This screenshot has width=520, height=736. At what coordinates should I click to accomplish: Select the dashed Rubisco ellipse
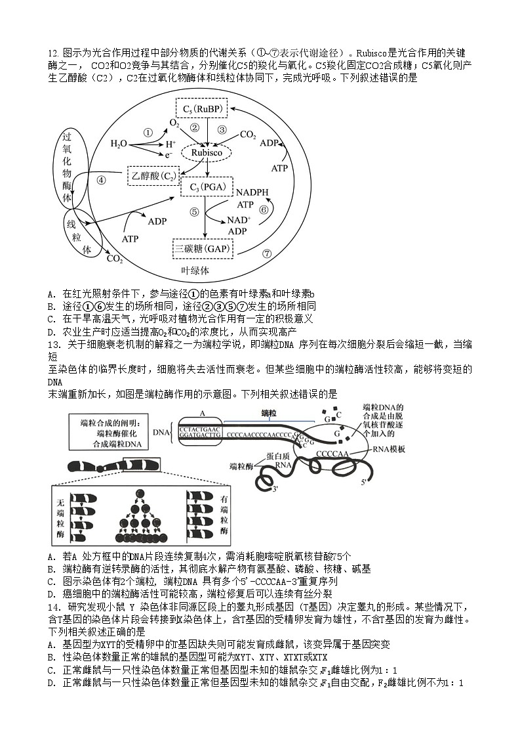pos(207,153)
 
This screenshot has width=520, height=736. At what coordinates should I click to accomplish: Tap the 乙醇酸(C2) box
pos(152,175)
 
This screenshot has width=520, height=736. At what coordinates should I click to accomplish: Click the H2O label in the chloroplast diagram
pos(119,144)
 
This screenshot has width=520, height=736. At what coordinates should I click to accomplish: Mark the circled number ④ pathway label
pos(101,180)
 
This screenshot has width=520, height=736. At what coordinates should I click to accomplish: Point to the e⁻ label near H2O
pos(169,155)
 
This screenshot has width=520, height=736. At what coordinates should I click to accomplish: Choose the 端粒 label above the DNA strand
pos(268,414)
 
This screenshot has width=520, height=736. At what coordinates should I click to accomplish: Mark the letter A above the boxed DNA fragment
pos(202,413)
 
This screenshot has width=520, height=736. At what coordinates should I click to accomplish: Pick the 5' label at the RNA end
pos(362,482)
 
